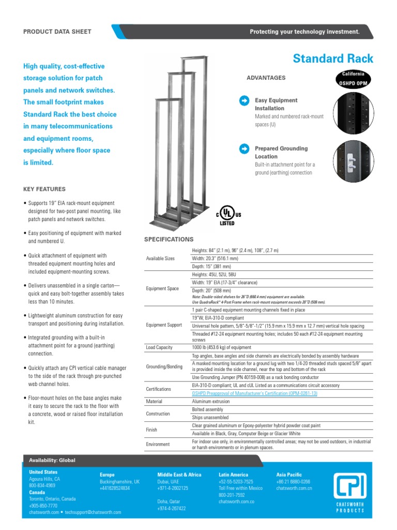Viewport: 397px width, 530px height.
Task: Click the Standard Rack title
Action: pos(332,58)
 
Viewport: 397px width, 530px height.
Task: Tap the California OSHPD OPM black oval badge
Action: pos(354,79)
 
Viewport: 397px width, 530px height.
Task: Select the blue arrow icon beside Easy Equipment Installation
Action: pos(243,100)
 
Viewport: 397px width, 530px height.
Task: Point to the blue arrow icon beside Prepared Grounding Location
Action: pos(243,149)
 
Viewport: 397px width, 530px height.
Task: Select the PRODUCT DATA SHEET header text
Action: pos(57,32)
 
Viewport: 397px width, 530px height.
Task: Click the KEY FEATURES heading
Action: pos(44,189)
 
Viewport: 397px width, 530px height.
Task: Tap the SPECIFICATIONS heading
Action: pos(169,240)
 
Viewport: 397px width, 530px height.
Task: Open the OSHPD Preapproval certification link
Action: pos(254,393)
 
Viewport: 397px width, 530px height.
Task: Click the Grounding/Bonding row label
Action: pos(164,366)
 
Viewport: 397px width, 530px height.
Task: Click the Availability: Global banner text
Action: pos(52,461)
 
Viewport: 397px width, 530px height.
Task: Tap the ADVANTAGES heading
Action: pos(266,78)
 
